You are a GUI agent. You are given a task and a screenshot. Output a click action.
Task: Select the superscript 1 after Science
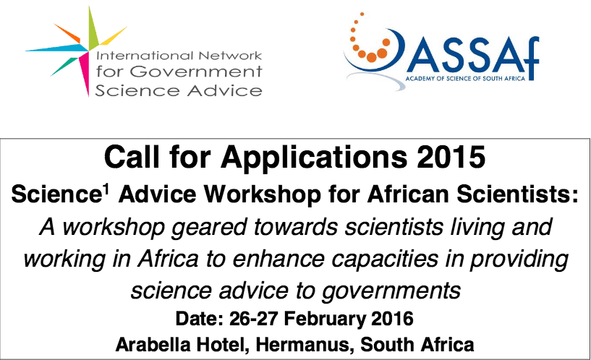click(x=106, y=189)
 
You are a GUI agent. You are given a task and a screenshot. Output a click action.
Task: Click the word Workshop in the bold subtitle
click(x=263, y=194)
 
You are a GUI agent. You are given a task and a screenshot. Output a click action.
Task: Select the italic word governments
click(x=391, y=292)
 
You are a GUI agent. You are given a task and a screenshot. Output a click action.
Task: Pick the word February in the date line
click(x=325, y=320)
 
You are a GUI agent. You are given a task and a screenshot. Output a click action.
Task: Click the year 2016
click(x=392, y=319)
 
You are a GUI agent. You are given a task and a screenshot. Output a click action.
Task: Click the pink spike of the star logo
click(x=85, y=74)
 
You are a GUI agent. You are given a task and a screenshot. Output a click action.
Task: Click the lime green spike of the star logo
click(x=93, y=28)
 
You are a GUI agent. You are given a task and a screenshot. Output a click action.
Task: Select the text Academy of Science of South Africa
click(x=465, y=78)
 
